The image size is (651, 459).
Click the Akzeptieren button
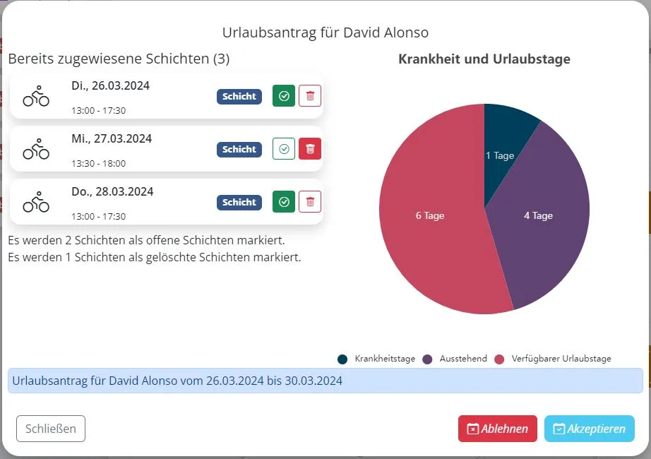pyautogui.click(x=589, y=429)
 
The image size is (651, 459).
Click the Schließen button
pyautogui.click(x=51, y=429)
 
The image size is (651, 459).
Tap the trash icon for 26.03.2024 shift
pyautogui.click(x=310, y=96)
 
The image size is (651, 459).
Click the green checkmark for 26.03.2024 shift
pyautogui.click(x=284, y=96)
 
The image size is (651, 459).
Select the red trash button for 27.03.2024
pyautogui.click(x=310, y=149)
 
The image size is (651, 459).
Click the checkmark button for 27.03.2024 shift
pyautogui.click(x=284, y=149)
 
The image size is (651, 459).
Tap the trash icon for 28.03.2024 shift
pyautogui.click(x=310, y=202)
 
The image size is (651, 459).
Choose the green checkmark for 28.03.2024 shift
pyautogui.click(x=284, y=202)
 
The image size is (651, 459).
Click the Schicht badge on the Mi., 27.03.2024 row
pyautogui.click(x=239, y=149)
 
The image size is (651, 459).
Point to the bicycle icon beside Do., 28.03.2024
pyautogui.click(x=36, y=201)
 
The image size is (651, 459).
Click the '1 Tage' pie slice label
pyautogui.click(x=500, y=155)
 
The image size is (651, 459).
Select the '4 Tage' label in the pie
pyautogui.click(x=538, y=215)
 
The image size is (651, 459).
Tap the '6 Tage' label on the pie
pyautogui.click(x=430, y=215)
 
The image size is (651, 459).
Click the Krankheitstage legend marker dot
pyautogui.click(x=342, y=359)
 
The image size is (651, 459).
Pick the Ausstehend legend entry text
pyautogui.click(x=463, y=359)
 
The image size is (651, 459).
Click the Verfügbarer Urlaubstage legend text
pyautogui.click(x=561, y=359)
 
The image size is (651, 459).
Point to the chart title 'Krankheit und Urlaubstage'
pyautogui.click(x=484, y=59)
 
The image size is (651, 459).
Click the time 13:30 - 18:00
pyautogui.click(x=98, y=163)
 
